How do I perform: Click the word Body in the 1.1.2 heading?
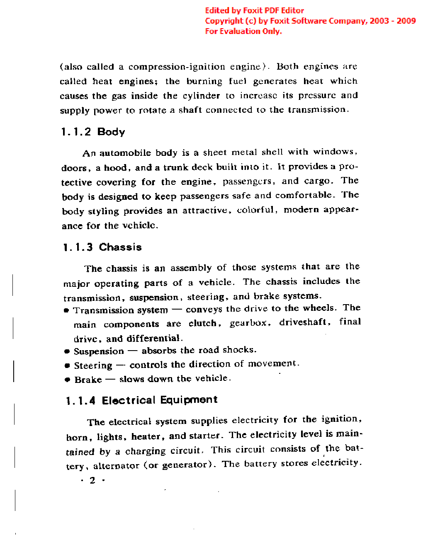point(111,132)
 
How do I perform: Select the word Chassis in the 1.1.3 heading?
point(120,247)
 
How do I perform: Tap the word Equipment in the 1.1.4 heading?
point(189,400)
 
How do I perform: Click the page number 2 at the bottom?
point(92,480)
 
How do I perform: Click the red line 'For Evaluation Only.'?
point(243,31)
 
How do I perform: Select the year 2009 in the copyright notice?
point(406,21)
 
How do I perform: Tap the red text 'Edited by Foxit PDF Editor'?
point(254,10)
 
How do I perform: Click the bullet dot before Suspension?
point(67,351)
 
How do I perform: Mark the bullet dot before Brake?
point(68,380)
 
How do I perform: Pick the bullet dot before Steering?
point(67,365)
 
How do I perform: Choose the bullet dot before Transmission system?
point(66,311)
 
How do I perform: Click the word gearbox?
point(248,323)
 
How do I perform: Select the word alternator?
point(116,466)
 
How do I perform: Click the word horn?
point(77,438)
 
